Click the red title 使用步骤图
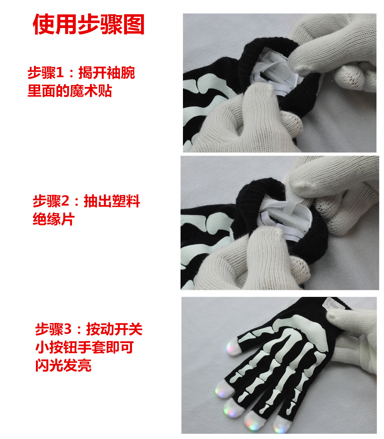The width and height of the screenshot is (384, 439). (89, 25)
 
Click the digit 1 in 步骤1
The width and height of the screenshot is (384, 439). (60, 73)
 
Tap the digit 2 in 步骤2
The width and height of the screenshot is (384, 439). (65, 201)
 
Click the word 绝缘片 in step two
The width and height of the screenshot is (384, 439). (54, 219)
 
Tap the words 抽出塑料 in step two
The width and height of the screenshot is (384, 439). (112, 201)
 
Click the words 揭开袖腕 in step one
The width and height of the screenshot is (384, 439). (107, 73)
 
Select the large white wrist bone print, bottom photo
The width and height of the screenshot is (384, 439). (310, 329)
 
